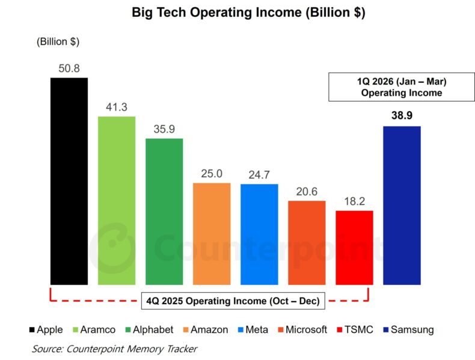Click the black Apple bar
click(x=69, y=180)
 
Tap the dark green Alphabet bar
click(x=164, y=211)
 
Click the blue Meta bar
click(x=259, y=234)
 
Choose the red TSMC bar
click(x=354, y=247)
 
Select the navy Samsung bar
click(x=402, y=205)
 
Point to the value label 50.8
click(x=69, y=68)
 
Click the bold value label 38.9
click(x=402, y=116)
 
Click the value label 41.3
click(x=117, y=106)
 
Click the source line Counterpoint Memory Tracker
click(x=114, y=348)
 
